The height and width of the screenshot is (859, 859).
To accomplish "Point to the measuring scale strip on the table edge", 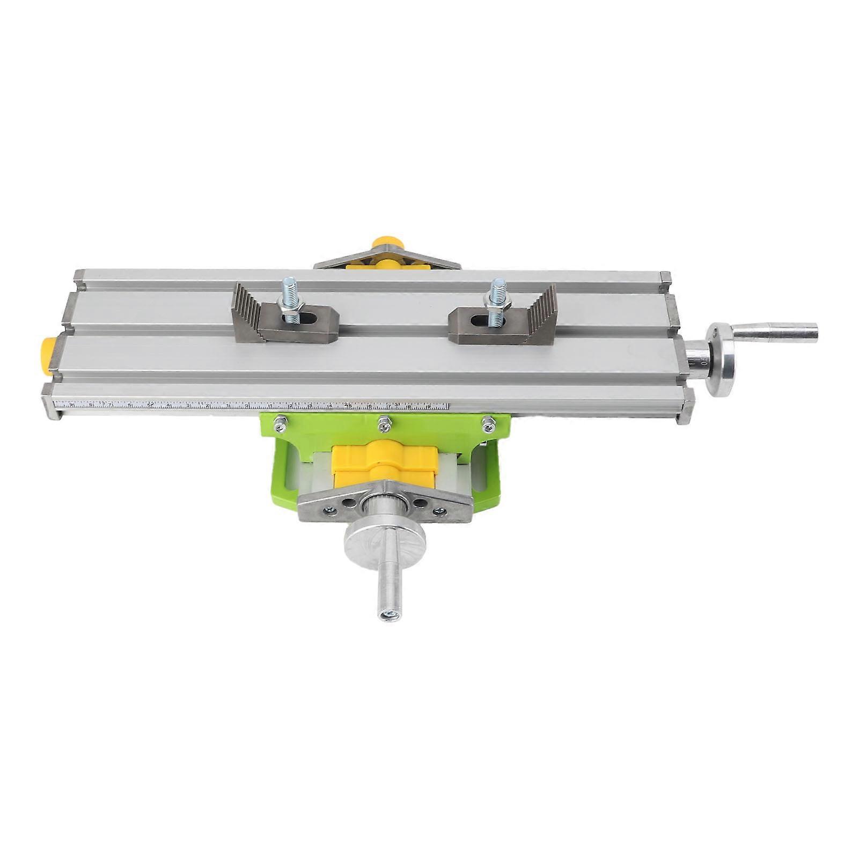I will click(x=252, y=406).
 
